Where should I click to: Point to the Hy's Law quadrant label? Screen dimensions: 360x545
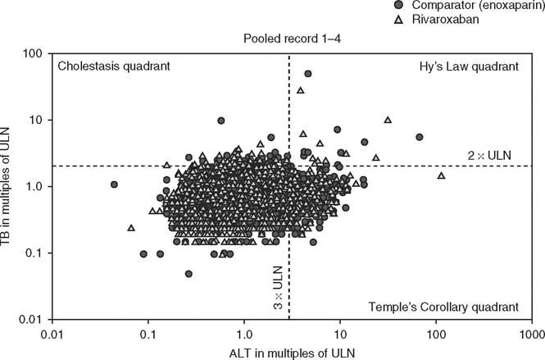pos(469,66)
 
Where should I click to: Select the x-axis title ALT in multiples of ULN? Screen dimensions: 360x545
pos(289,351)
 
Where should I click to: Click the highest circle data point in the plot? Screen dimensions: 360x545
pos(308,73)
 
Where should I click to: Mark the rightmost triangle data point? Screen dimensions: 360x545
pos(442,175)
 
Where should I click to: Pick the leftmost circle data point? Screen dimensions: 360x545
pos(114,185)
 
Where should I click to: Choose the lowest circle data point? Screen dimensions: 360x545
pos(188,274)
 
